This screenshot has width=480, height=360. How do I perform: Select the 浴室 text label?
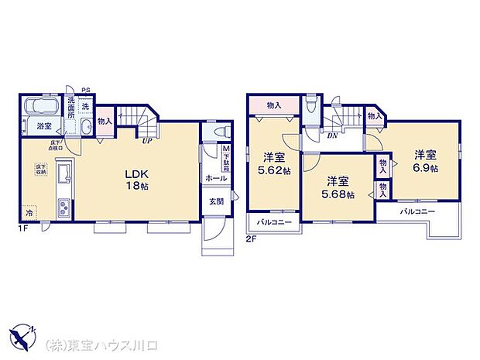[43, 125]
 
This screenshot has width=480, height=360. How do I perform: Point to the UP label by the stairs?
[145, 140]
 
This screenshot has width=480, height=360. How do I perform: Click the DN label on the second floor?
[331, 135]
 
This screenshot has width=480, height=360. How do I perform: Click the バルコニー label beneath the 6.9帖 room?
[417, 211]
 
